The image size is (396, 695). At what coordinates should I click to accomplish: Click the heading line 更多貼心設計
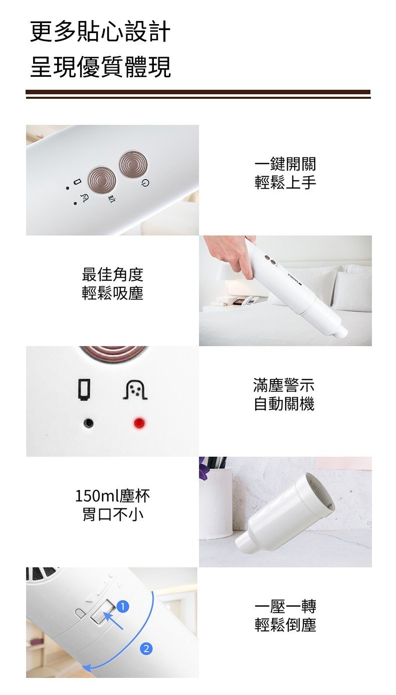click(100, 32)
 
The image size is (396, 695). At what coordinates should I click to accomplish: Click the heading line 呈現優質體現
click(100, 67)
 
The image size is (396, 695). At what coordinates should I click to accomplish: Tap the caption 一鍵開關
click(285, 163)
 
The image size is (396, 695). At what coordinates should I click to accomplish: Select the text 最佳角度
click(112, 274)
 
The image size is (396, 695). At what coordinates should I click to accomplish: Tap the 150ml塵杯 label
click(112, 496)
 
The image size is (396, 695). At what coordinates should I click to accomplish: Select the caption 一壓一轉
click(285, 606)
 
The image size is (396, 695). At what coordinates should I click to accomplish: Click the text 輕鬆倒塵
click(285, 625)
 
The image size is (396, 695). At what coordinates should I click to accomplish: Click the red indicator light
click(139, 423)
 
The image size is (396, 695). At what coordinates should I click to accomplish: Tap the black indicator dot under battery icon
click(89, 423)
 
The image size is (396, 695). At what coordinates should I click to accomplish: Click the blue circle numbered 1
click(123, 606)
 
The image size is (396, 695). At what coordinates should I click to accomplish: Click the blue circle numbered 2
click(146, 648)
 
